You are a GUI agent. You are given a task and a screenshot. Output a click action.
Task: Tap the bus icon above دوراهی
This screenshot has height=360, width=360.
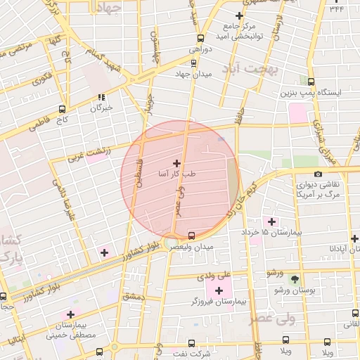(x=201, y=39)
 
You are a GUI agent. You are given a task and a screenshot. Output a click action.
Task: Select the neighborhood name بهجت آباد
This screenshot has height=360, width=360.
(x=251, y=69)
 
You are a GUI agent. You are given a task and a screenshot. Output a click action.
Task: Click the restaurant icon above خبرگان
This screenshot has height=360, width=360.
(x=101, y=97)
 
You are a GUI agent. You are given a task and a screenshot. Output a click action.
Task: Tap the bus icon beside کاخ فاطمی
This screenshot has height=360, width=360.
(x=63, y=109)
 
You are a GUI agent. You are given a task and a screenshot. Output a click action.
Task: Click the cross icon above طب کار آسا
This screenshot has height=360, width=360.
(x=176, y=162)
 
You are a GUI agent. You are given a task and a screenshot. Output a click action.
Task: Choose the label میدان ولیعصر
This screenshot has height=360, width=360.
(x=191, y=246)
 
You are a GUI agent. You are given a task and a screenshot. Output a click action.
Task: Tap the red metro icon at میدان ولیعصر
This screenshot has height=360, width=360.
(x=192, y=235)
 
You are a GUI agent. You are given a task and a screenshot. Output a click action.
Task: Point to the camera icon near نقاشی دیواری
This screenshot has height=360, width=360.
(x=318, y=174)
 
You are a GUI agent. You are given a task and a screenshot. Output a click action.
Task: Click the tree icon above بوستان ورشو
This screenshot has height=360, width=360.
(x=295, y=279)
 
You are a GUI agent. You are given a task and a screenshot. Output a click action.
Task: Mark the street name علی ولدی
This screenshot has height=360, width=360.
(x=235, y=274)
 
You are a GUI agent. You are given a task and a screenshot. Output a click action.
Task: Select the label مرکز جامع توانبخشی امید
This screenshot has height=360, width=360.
(x=239, y=31)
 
